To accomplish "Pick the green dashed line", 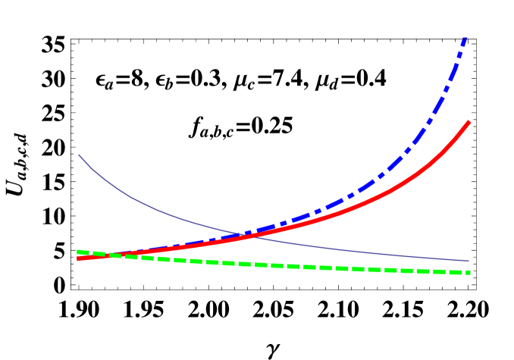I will [x=303, y=267].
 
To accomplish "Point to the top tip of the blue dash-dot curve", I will [x=465, y=38].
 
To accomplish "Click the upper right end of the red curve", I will [x=469, y=121].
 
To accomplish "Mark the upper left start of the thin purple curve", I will [x=79, y=155].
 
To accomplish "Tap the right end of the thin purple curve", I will [x=469, y=261].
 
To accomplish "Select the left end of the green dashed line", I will [x=78, y=252].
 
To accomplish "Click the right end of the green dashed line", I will [x=470, y=272].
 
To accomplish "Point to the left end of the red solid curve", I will [x=78, y=258].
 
